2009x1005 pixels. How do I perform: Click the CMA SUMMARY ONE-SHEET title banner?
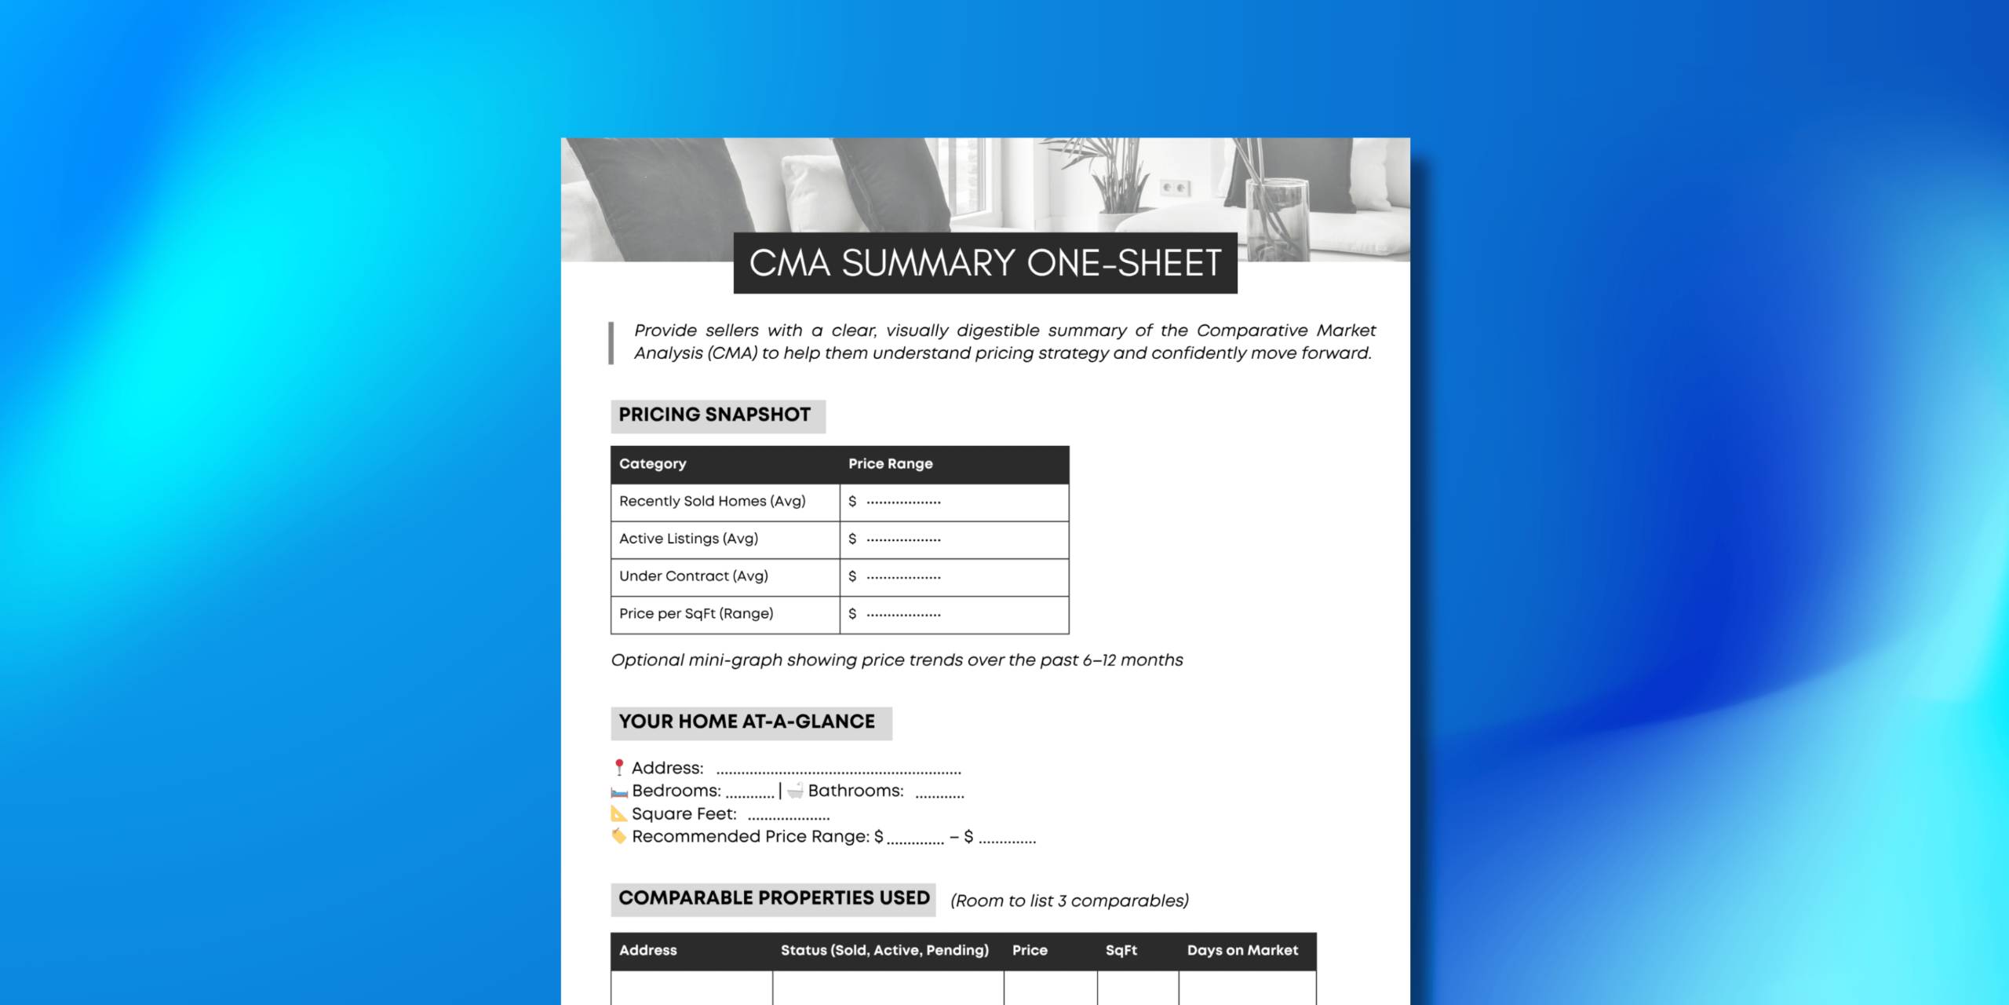click(985, 263)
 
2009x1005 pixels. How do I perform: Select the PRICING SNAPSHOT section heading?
click(715, 415)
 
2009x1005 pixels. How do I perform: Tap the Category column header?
click(652, 464)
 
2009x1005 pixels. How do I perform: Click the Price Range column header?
click(890, 464)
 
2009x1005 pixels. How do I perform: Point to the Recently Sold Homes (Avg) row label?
click(712, 502)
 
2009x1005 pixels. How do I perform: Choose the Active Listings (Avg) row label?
click(688, 539)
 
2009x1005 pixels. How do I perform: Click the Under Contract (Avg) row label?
click(693, 576)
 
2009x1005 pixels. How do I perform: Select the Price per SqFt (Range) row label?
click(696, 614)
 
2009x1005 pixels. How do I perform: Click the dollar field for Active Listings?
click(902, 539)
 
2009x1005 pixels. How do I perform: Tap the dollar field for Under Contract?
click(902, 577)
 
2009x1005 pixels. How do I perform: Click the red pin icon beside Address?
click(619, 767)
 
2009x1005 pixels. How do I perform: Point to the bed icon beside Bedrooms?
click(620, 792)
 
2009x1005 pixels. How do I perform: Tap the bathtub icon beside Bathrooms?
click(796, 791)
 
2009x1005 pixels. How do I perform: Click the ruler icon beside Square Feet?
click(619, 814)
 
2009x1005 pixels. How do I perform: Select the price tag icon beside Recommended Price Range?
click(619, 836)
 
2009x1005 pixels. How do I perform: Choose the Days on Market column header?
click(1242, 951)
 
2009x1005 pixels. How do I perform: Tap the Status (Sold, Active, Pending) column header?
click(884, 951)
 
